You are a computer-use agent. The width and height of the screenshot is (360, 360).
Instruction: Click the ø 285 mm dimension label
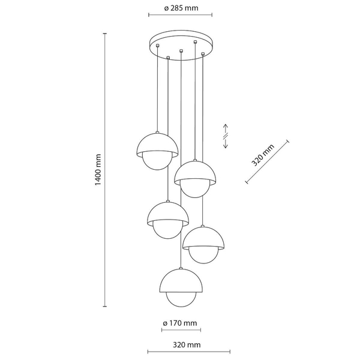click(181, 8)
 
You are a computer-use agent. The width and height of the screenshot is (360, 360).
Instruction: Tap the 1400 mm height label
click(98, 170)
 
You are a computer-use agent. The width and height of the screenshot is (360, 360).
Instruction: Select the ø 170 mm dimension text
click(180, 323)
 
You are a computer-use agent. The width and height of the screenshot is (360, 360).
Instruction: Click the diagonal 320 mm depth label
click(263, 155)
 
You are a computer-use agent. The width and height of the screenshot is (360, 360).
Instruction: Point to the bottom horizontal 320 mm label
click(187, 345)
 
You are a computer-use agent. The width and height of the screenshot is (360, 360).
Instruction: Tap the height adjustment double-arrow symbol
click(226, 136)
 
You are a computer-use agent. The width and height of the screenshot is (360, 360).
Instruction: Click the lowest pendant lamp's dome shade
click(181, 281)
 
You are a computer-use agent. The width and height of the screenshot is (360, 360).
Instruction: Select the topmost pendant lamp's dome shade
click(157, 143)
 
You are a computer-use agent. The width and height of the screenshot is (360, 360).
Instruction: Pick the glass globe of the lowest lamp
click(181, 299)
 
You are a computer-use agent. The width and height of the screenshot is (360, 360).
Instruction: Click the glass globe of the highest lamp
click(157, 161)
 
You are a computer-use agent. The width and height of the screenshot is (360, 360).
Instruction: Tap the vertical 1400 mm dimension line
click(105, 170)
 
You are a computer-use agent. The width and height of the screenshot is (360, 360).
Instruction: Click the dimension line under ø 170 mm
click(181, 330)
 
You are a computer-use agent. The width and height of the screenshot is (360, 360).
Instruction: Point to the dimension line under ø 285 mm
click(180, 15)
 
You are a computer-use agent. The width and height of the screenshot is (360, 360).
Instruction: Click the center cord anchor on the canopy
click(181, 50)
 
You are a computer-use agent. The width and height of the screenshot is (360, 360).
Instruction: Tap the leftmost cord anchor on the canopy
click(157, 45)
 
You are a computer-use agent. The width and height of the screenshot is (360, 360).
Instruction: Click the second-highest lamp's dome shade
click(195, 172)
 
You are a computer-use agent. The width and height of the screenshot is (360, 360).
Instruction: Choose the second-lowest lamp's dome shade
click(203, 238)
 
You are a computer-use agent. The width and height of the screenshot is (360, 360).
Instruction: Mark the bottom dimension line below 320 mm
click(189, 352)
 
